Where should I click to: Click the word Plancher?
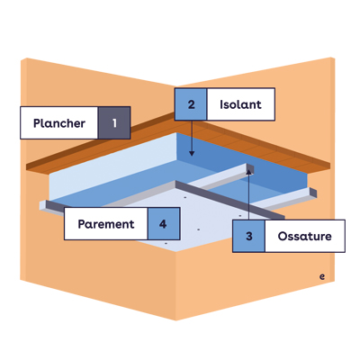point(59,123)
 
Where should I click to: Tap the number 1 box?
point(114,123)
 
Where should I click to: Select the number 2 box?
point(191,104)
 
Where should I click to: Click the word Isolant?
point(240,104)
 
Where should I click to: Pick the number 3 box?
point(248,236)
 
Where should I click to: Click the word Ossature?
point(304,236)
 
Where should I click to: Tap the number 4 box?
point(163,224)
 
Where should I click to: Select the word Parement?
point(106,224)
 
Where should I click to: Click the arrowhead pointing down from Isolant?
point(192,153)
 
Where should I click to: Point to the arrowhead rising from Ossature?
point(248,171)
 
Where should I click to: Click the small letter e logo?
point(322,276)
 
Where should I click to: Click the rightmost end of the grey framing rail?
point(317,193)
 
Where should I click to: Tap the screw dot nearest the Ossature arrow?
point(240,215)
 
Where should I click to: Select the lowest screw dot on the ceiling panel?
point(166,243)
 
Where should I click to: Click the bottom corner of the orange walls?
point(175,320)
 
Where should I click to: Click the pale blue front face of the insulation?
point(111,168)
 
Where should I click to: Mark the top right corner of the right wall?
point(334,58)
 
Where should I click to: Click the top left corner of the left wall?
point(21,59)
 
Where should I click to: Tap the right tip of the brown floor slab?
point(330,166)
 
